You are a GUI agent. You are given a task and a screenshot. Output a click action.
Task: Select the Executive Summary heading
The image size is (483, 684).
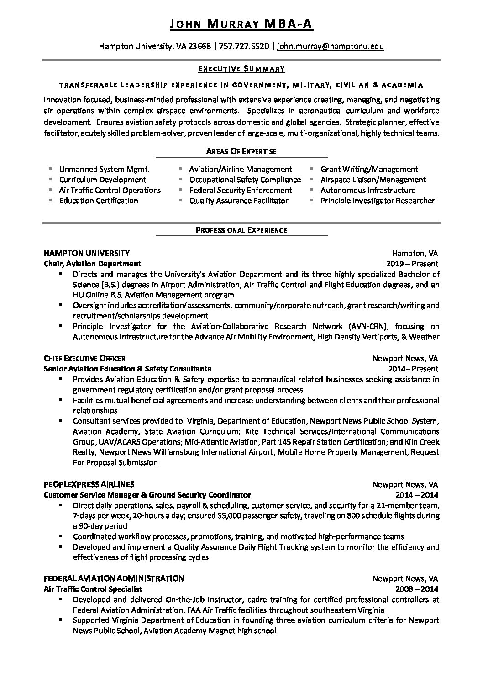tap(241, 69)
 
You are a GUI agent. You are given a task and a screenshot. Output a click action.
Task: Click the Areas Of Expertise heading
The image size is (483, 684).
tap(241, 151)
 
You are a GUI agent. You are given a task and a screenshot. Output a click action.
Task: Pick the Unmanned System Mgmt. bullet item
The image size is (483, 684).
tap(104, 169)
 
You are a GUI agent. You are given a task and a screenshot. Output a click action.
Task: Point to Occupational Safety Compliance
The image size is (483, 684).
tap(245, 180)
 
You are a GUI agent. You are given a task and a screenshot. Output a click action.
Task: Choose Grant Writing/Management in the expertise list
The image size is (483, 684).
tap(369, 169)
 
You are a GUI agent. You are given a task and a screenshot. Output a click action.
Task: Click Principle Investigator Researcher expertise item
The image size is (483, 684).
tap(378, 201)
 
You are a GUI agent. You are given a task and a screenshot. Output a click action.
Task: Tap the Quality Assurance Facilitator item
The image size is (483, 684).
tap(239, 201)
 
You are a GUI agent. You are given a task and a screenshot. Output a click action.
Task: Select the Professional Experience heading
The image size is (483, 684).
tap(241, 230)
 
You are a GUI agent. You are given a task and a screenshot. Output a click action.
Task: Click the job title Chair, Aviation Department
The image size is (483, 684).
tap(92, 264)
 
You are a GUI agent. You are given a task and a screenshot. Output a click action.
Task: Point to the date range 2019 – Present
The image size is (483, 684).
tap(412, 264)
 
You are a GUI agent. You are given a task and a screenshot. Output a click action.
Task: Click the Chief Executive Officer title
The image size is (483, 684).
tap(84, 358)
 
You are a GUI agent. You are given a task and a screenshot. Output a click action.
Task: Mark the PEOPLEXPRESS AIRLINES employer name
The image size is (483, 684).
tap(89, 484)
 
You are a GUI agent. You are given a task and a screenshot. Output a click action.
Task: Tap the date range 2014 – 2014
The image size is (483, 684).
tap(417, 494)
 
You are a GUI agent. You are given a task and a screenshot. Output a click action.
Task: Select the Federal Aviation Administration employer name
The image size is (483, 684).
tap(114, 578)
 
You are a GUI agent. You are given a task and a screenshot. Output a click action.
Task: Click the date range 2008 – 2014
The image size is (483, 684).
tap(417, 589)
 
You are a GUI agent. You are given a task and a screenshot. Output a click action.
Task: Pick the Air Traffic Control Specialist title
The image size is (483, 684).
tap(93, 589)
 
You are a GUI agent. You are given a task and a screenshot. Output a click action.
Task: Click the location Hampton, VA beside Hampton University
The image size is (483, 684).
tap(415, 253)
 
